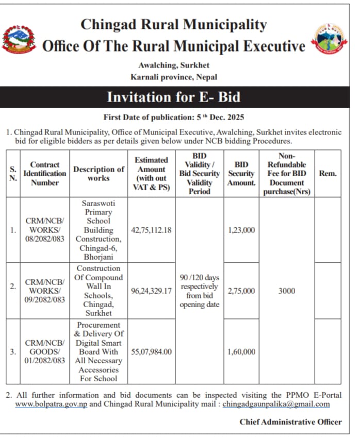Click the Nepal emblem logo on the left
(19, 40)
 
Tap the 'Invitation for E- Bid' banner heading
(173, 97)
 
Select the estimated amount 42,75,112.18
(151, 230)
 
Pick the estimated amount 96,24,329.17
(151, 291)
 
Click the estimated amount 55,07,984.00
(151, 351)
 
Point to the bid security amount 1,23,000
(241, 230)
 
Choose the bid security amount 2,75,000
(241, 291)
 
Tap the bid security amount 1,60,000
(241, 351)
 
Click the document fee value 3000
(286, 291)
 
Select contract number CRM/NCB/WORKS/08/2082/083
(45, 230)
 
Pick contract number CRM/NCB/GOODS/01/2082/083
(45, 351)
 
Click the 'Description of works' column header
(99, 173)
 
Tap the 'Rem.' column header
(328, 173)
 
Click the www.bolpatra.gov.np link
(51, 405)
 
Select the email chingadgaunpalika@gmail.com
(276, 405)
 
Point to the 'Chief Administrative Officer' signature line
(290, 422)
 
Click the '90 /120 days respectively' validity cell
(199, 291)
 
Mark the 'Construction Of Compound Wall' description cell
(99, 291)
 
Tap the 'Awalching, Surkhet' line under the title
(174, 65)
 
